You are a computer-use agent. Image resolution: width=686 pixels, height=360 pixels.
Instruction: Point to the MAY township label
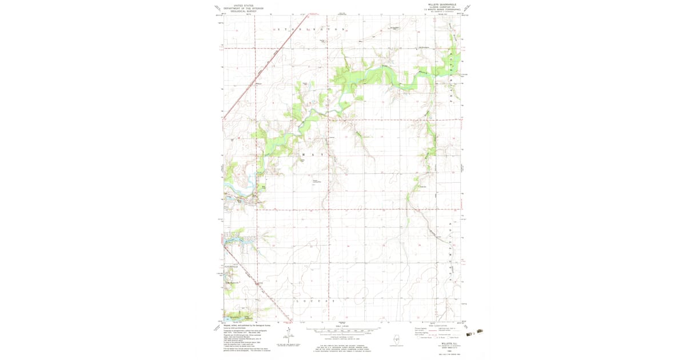click(x=312, y=155)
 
